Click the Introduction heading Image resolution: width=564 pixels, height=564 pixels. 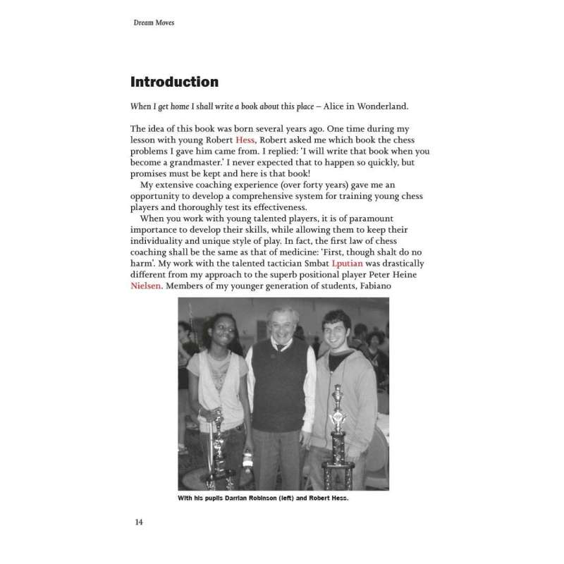tap(174, 82)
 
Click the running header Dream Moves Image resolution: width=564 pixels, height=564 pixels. tap(153, 23)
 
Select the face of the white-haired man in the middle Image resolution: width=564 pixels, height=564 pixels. tap(283, 327)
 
